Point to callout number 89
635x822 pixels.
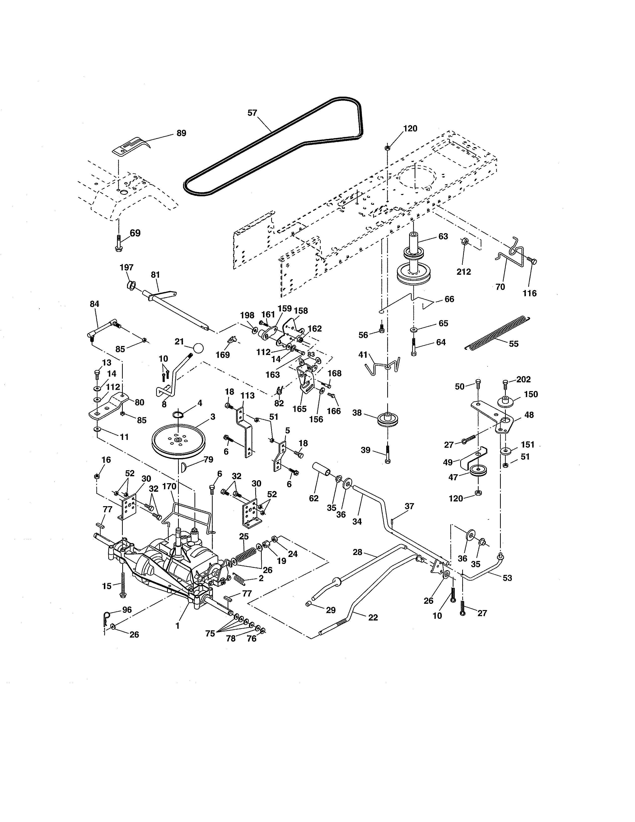(181, 133)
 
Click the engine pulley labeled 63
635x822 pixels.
(413, 265)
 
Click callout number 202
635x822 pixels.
(523, 379)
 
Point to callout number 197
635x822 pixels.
(127, 267)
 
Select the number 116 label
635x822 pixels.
(530, 293)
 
